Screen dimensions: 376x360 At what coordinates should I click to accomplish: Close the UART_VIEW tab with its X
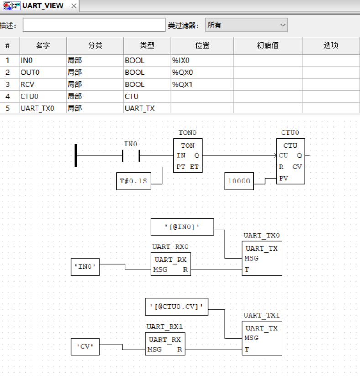[x=73, y=6]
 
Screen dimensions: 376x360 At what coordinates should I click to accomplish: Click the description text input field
[x=94, y=26]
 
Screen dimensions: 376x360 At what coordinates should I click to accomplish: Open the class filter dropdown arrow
[x=283, y=26]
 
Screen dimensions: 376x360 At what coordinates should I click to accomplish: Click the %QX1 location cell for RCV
[x=202, y=84]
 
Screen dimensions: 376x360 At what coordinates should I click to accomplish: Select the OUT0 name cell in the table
[x=42, y=73]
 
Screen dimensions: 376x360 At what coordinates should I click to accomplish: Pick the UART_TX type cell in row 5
[x=147, y=109]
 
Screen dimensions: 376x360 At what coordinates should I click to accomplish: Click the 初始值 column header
[x=267, y=46]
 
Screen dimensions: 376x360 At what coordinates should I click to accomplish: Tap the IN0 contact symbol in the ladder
[x=131, y=156]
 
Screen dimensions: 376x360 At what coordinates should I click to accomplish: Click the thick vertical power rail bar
[x=76, y=155]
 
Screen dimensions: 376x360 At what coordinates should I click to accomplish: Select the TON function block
[x=188, y=161]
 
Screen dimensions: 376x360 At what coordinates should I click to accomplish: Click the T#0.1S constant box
[x=133, y=181]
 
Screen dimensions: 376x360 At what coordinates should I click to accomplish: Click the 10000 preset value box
[x=240, y=181]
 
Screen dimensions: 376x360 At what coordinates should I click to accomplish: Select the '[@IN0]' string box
[x=182, y=227]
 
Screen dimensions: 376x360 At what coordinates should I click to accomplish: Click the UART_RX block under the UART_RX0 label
[x=171, y=264]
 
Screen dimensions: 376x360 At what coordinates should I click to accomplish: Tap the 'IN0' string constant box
[x=86, y=266]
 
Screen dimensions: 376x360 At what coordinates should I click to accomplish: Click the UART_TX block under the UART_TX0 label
[x=262, y=258]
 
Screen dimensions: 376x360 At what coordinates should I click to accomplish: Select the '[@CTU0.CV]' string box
[x=176, y=307]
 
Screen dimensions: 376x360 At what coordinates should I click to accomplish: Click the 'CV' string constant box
[x=85, y=346]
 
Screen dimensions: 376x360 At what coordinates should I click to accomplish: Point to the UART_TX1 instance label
[x=261, y=315]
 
